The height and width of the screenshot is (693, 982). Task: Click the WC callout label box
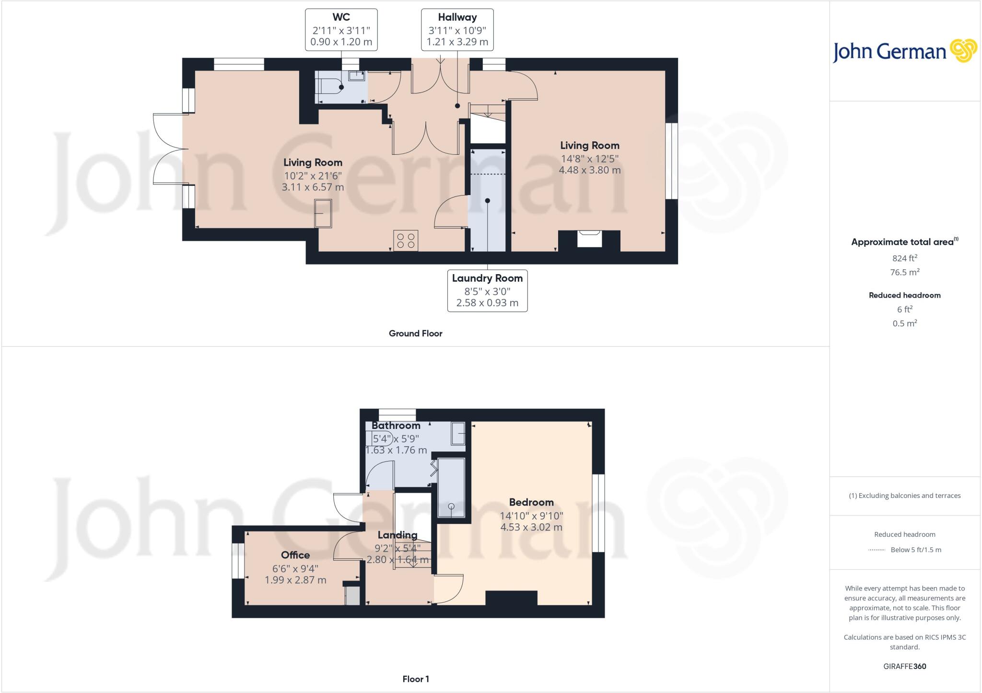[x=341, y=30]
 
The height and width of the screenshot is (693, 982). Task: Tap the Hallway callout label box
[x=457, y=30]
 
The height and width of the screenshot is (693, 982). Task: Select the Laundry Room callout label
[x=487, y=291]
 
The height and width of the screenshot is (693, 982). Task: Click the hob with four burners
[x=406, y=241]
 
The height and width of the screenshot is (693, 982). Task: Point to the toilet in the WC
[x=331, y=87]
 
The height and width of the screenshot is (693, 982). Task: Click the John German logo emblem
[x=963, y=51]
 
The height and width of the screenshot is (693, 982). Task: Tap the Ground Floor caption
[x=415, y=334]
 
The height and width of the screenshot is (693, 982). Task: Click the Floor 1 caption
[x=415, y=679]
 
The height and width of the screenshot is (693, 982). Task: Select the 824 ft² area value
[x=904, y=258]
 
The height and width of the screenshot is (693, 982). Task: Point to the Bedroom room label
[x=531, y=502]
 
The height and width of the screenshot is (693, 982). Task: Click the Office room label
[x=295, y=555]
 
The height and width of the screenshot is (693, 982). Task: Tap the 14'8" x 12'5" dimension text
[x=589, y=158]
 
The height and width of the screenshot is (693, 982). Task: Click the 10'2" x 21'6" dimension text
[x=313, y=175]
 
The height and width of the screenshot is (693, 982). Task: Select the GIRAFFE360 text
[x=904, y=667]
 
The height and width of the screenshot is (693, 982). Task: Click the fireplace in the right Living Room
[x=589, y=239]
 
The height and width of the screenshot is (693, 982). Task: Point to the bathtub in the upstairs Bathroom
[x=451, y=488]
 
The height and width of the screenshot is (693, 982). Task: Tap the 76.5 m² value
[x=904, y=272]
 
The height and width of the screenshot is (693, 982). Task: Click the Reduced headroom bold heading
[x=904, y=295]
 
